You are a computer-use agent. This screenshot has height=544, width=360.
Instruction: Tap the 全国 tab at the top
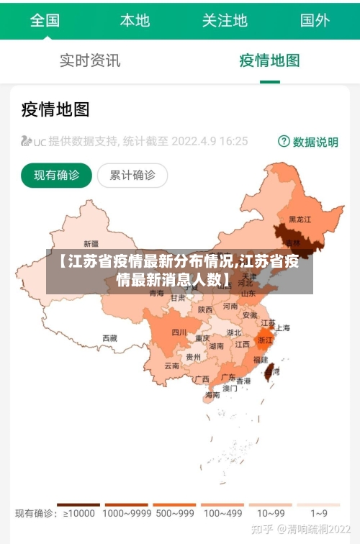(45, 20)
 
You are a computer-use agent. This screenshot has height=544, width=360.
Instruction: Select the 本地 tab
(135, 20)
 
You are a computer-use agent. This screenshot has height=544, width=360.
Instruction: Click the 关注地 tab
(225, 20)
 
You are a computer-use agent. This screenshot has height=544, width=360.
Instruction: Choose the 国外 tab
(315, 20)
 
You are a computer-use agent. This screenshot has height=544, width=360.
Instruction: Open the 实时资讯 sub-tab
(90, 60)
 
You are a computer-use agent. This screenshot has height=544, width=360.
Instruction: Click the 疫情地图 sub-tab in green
(269, 60)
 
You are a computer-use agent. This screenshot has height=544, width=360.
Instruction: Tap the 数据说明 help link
(308, 142)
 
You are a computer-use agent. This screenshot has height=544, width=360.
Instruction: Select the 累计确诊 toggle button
(132, 175)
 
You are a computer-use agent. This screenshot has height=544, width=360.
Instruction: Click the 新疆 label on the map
(91, 243)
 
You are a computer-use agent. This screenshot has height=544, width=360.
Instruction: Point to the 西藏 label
(109, 337)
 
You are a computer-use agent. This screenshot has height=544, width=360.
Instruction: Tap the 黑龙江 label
(300, 219)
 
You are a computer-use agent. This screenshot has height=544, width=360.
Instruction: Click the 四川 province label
(179, 332)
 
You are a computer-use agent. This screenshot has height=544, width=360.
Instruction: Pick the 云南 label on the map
(171, 366)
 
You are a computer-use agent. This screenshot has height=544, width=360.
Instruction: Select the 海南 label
(212, 395)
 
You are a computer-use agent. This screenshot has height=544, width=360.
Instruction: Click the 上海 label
(283, 328)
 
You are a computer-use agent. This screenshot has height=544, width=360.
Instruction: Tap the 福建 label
(260, 359)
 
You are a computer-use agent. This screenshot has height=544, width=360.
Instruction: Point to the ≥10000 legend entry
(78, 512)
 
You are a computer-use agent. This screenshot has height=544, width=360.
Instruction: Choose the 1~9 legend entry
(319, 512)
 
